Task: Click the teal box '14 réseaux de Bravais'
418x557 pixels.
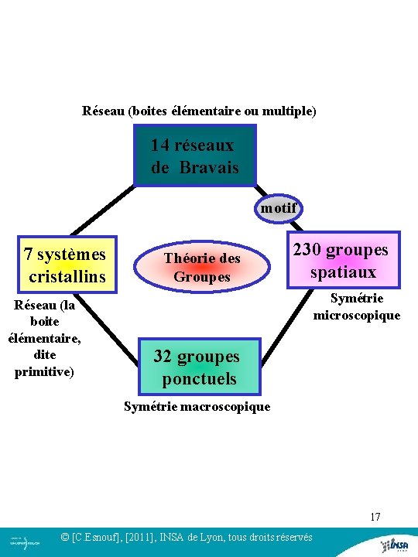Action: click(194, 157)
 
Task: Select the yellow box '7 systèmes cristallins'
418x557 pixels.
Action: click(67, 265)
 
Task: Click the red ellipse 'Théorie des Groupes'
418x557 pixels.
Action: click(201, 267)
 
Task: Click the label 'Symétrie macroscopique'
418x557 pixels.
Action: click(197, 406)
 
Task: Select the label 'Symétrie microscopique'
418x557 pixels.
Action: click(357, 306)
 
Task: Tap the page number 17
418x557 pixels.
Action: click(375, 517)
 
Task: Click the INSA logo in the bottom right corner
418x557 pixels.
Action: click(396, 545)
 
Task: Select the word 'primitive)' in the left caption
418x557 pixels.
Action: click(44, 371)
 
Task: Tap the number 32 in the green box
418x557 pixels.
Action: click(162, 357)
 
